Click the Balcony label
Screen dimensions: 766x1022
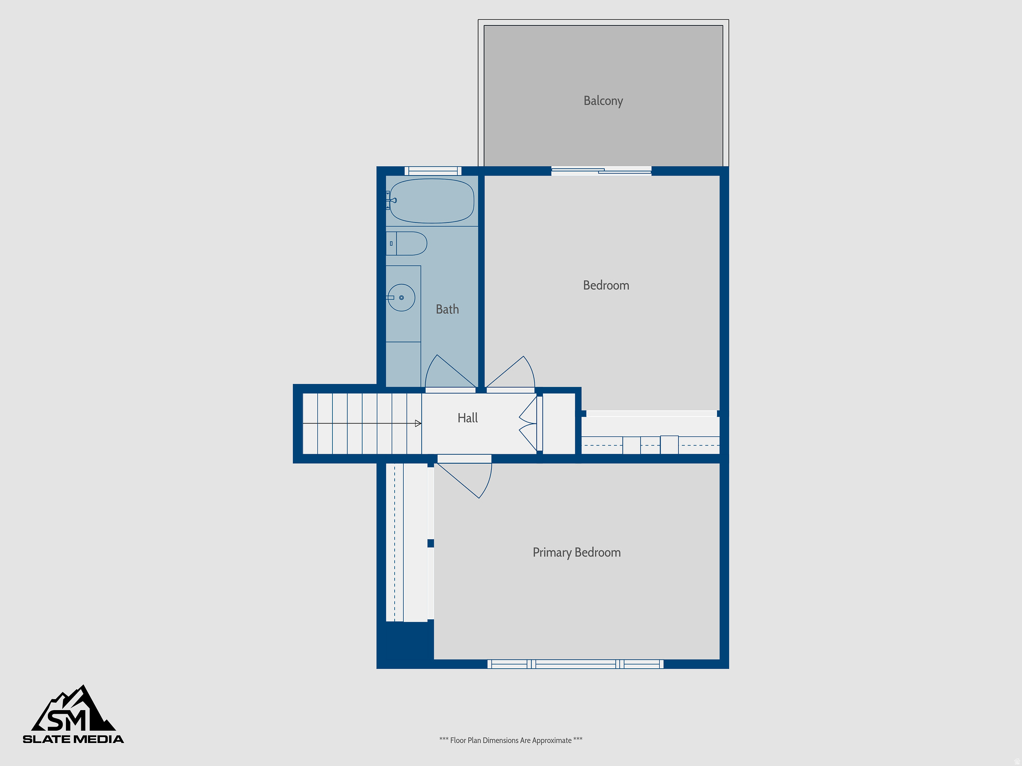point(603,101)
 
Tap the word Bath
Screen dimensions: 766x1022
point(447,309)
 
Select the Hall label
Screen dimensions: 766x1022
point(468,418)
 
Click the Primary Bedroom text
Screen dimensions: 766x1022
point(576,553)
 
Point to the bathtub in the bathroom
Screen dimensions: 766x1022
point(432,201)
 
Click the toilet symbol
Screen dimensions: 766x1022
point(407,243)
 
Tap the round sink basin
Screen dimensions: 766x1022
point(402,298)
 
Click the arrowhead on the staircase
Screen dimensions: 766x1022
point(418,423)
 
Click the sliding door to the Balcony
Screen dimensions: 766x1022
point(601,171)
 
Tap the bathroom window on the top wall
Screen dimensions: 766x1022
point(433,171)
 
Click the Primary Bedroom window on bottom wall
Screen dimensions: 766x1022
point(575,664)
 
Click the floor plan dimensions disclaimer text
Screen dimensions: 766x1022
point(511,740)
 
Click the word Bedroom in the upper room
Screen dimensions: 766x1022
point(606,285)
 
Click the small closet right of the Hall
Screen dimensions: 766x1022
point(559,423)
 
